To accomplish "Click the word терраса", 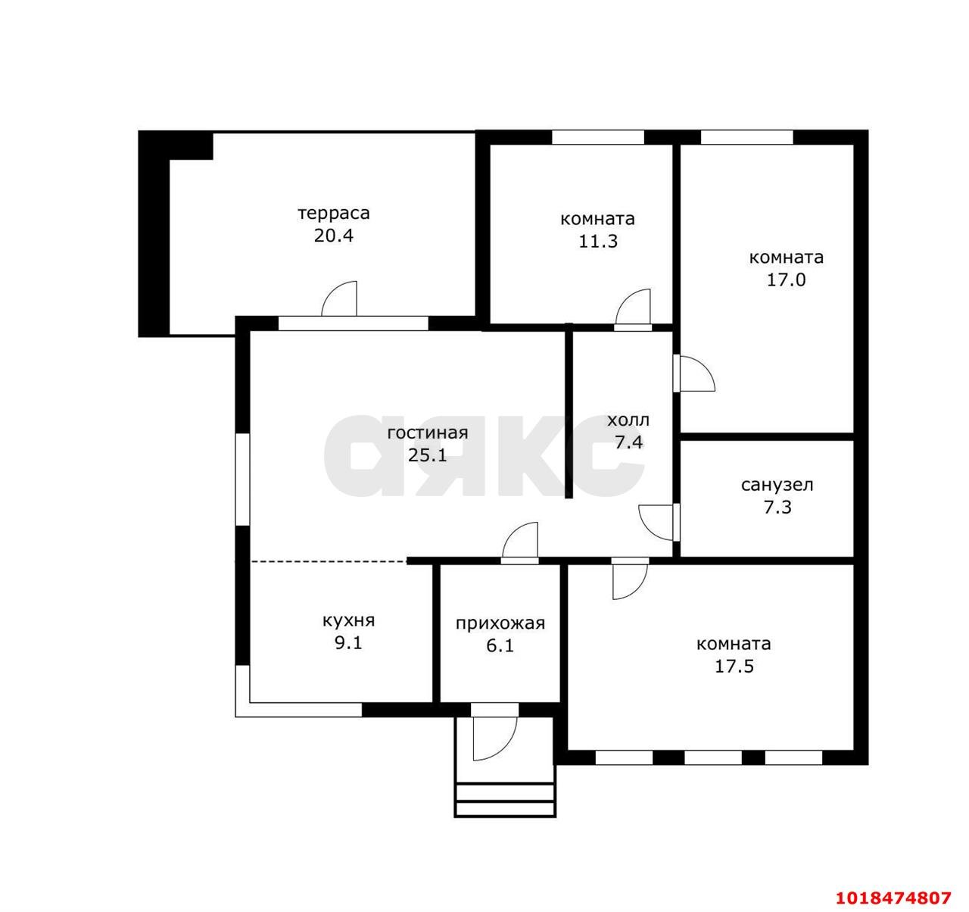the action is click(334, 214).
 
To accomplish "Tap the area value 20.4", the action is click(334, 236).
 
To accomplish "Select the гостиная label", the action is click(428, 433).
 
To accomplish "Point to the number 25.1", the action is click(428, 455).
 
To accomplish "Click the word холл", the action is click(628, 420).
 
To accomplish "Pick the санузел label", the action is click(777, 485).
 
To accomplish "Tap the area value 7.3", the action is click(777, 508).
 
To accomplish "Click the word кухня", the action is click(348, 620).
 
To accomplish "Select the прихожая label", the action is click(500, 624).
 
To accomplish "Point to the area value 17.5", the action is click(734, 666).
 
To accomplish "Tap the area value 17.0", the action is click(787, 280).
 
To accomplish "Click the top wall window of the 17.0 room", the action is click(747, 137).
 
